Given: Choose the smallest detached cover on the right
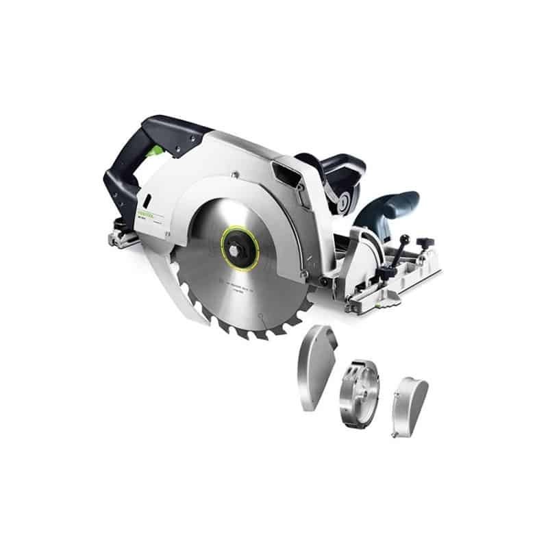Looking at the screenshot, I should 410,408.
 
